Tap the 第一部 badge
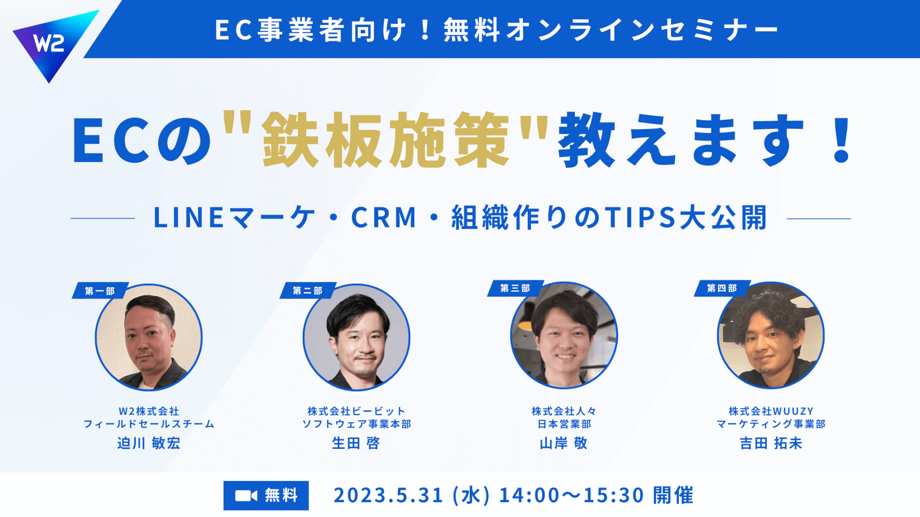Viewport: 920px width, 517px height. tap(100, 291)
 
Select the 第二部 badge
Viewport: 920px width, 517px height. tap(308, 291)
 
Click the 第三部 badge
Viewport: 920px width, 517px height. tap(515, 288)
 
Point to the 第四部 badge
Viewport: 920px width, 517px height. tap(722, 288)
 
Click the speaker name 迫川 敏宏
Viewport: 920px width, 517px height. tap(149, 443)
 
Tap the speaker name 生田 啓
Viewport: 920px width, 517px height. tap(356, 443)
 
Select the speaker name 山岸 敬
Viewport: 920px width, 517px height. tap(564, 443)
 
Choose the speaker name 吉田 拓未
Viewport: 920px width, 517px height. tap(771, 443)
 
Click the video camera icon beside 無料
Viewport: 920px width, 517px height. tap(246, 495)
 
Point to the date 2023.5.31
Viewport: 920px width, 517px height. tap(389, 495)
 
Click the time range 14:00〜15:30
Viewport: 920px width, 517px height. tap(571, 495)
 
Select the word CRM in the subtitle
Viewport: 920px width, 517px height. tap(384, 218)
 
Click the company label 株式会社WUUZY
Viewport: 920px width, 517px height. tap(771, 411)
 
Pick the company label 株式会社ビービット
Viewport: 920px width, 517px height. tap(356, 411)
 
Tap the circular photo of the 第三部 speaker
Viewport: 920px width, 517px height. tap(564, 335)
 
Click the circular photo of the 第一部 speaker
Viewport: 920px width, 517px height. tap(149, 337)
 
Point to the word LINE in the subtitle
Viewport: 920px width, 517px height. tap(189, 218)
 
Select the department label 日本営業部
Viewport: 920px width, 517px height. tap(564, 424)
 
